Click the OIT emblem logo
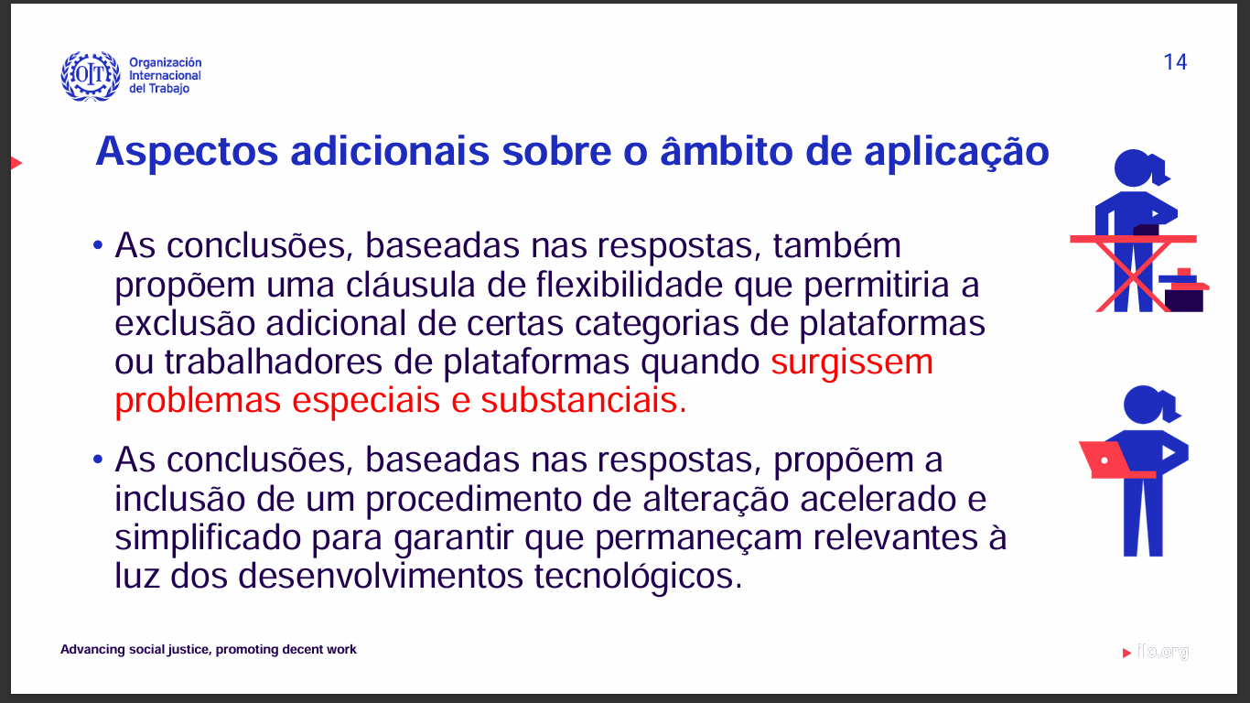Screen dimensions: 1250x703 coord(91,76)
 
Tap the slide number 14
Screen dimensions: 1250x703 coord(1175,62)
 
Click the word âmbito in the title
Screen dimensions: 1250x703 coord(726,151)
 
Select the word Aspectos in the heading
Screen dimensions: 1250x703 coord(187,152)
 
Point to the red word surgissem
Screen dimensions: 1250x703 coord(852,362)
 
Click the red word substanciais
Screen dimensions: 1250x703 coord(584,400)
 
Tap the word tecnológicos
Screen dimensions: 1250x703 coord(639,577)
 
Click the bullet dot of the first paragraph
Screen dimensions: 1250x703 coord(98,245)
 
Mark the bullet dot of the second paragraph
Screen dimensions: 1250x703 coord(98,460)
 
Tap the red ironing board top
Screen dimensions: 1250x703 coord(1133,239)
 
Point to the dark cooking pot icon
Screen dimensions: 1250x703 coord(1183,291)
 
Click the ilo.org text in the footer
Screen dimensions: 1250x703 coord(1163,651)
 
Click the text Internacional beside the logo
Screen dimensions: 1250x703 coord(166,75)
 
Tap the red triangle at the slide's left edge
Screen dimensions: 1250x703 coord(16,163)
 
